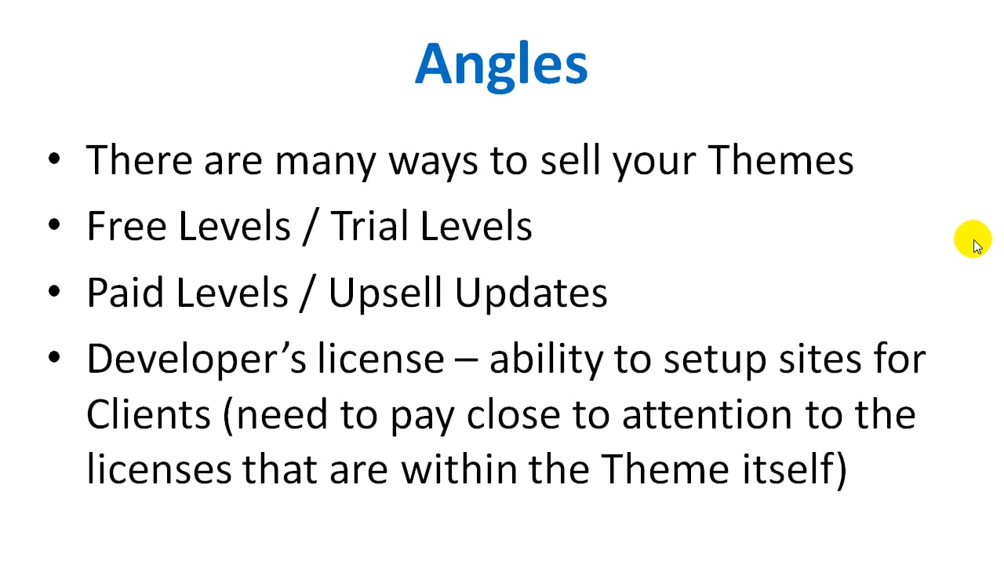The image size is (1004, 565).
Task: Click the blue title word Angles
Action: [501, 64]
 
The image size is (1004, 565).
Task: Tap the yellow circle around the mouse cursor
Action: [973, 239]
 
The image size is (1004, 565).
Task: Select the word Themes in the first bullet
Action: [780, 160]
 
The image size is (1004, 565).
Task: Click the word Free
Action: [126, 226]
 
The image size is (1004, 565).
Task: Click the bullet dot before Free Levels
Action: [54, 225]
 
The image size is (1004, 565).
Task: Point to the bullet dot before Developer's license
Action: [54, 359]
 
